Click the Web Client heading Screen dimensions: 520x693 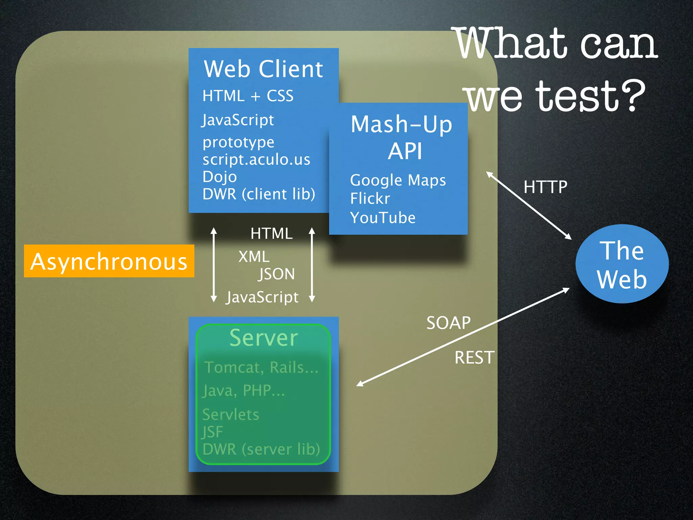click(263, 69)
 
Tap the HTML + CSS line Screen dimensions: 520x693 click(248, 96)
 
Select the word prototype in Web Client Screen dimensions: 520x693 click(238, 142)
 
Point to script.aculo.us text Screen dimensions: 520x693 click(256, 159)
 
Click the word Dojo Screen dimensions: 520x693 click(220, 177)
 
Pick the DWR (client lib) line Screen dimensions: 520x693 click(259, 194)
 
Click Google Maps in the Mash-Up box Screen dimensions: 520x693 click(398, 180)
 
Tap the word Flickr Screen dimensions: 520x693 click(370, 199)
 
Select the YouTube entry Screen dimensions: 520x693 click(383, 218)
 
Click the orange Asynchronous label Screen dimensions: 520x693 click(109, 261)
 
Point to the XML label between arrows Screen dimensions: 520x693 click(254, 257)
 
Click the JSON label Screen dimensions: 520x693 click(276, 274)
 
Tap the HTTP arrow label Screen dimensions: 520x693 click(545, 187)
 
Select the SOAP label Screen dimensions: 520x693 click(448, 323)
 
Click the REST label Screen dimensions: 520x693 click(474, 358)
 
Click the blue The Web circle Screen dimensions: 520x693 click(622, 264)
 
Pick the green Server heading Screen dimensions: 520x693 click(264, 338)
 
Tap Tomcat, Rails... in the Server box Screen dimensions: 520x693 click(261, 368)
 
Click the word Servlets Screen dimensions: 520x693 click(230, 415)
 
